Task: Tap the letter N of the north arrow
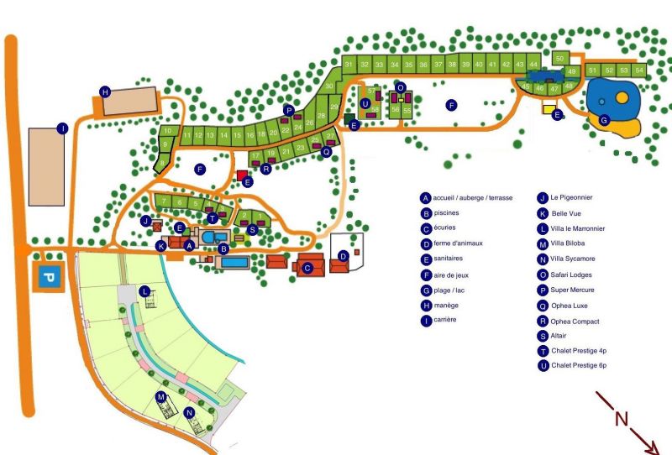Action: (x=621, y=419)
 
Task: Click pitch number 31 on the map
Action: (x=348, y=64)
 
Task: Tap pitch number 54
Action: (x=639, y=71)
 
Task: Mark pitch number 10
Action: (x=168, y=131)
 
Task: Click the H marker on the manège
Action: (x=105, y=92)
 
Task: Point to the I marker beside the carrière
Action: (x=61, y=128)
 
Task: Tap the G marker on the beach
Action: (x=603, y=120)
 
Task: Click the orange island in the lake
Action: (x=622, y=97)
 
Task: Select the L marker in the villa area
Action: (x=144, y=290)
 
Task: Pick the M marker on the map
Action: (x=160, y=396)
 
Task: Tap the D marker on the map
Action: (x=343, y=256)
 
